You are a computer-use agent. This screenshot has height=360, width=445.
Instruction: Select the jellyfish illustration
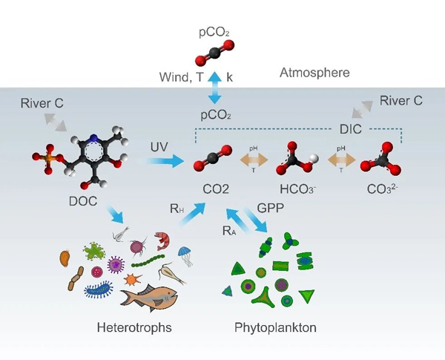pos(184,255)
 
